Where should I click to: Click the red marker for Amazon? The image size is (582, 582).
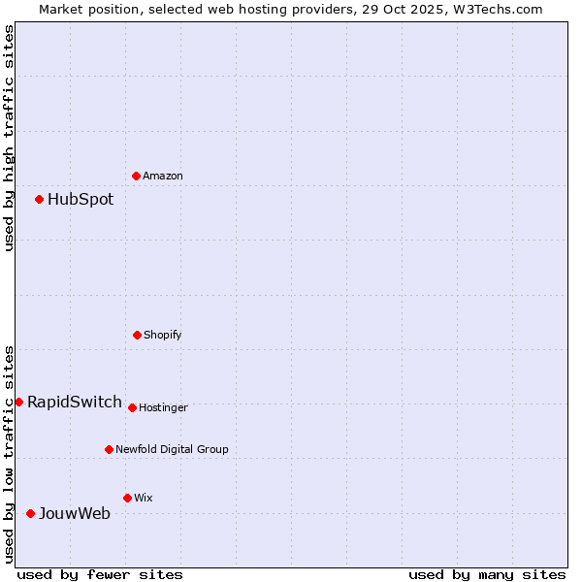tap(136, 176)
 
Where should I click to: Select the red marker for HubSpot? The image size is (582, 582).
tap(39, 200)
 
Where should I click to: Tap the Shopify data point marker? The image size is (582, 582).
tap(137, 335)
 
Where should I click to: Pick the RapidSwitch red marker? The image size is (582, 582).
tap(18, 402)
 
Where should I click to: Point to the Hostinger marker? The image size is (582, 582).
tap(132, 407)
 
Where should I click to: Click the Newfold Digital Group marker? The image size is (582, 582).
tap(109, 449)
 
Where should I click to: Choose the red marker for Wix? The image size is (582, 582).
tap(127, 498)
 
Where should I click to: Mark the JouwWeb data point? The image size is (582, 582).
tap(30, 513)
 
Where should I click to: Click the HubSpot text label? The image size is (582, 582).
tap(81, 200)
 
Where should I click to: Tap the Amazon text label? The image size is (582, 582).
tap(163, 177)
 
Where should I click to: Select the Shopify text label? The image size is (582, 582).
tap(163, 336)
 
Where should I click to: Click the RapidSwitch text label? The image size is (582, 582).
tap(75, 402)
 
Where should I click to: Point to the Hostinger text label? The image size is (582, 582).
tap(163, 408)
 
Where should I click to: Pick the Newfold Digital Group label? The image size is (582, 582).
tap(172, 450)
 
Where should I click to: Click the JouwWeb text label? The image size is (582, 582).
tap(75, 513)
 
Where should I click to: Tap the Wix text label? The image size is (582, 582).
tap(144, 499)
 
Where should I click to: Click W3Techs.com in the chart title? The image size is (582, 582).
tap(497, 9)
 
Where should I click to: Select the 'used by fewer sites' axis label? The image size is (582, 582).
tap(100, 574)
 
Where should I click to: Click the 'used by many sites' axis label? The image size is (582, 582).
tap(487, 574)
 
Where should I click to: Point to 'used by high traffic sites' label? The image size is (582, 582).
tap(9, 138)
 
